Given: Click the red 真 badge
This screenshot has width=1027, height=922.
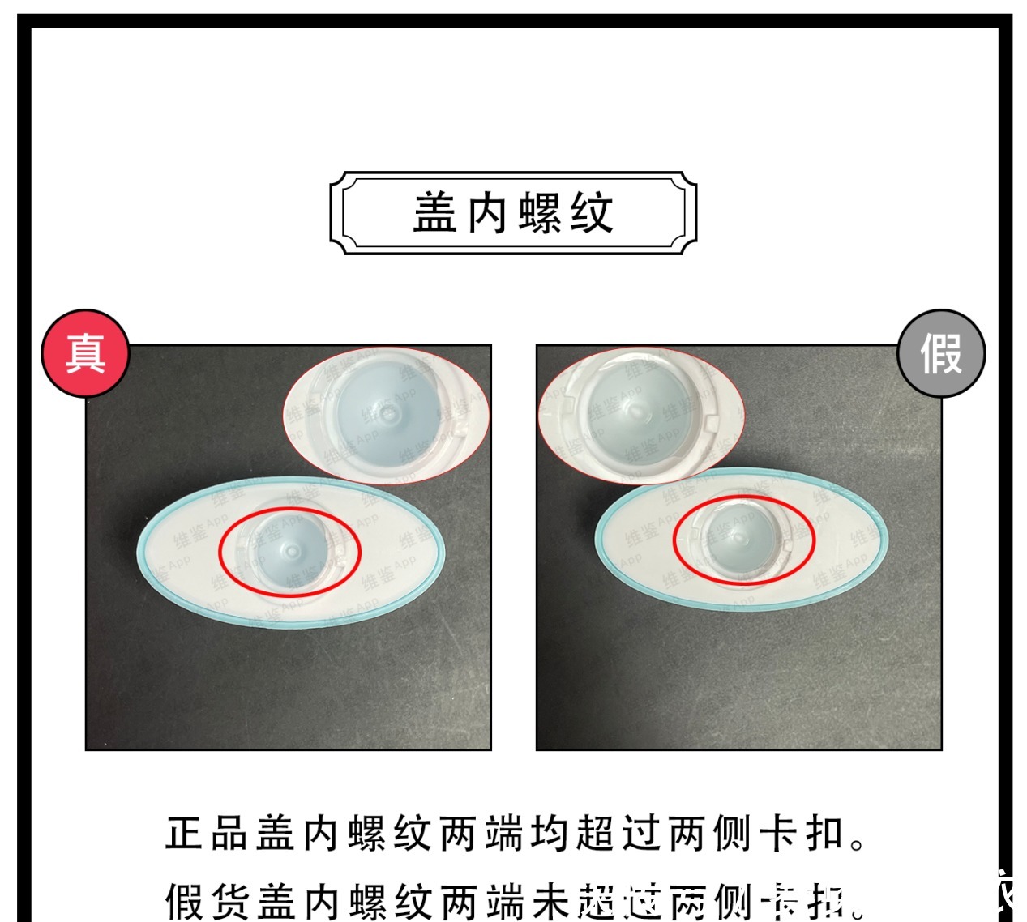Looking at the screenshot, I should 85,353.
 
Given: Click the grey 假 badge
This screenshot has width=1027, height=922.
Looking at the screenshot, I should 941,353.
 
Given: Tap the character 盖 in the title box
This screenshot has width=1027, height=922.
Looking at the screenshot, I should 436,213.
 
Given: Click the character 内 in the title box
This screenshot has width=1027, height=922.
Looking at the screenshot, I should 487,213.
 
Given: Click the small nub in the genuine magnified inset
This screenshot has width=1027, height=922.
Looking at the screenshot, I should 388,414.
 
